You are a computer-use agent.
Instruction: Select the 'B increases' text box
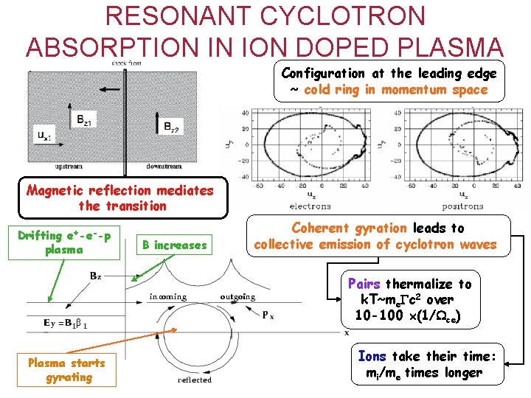[175, 245]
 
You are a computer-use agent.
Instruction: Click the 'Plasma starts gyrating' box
[66, 369]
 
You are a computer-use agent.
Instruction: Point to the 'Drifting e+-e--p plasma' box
[65, 242]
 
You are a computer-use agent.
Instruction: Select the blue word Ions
[372, 356]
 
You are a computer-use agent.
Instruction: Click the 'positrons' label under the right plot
[462, 206]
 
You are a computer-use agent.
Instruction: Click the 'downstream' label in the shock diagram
[164, 167]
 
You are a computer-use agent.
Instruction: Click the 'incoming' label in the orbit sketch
[167, 297]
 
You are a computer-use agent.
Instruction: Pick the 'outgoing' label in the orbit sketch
[237, 297]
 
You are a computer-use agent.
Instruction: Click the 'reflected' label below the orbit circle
[195, 380]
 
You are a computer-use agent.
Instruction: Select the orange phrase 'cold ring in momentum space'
[395, 90]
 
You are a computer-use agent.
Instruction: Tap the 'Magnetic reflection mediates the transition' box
[119, 198]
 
